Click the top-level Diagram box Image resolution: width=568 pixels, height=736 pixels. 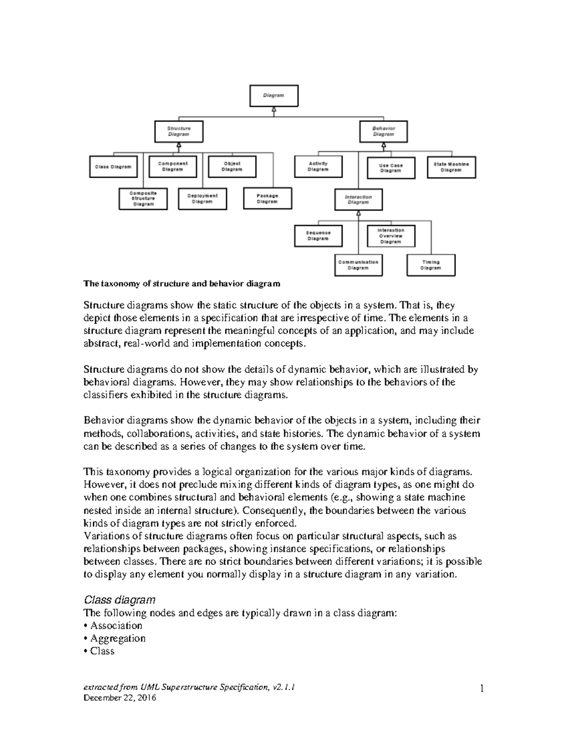click(274, 96)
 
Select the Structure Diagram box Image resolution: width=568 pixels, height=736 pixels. click(178, 131)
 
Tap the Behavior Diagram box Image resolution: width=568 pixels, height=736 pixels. click(383, 131)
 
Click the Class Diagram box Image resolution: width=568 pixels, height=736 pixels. click(113, 167)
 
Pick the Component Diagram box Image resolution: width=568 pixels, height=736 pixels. click(173, 166)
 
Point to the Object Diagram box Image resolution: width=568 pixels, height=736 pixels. click(232, 166)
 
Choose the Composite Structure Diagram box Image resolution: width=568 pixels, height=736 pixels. click(143, 199)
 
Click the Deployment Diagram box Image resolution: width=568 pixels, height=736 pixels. click(202, 199)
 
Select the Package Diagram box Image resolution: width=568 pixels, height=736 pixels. click(267, 199)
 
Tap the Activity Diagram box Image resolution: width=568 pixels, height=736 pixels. click(318, 166)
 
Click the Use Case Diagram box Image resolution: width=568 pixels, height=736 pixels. click(391, 168)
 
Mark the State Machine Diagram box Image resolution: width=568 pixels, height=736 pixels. click(451, 167)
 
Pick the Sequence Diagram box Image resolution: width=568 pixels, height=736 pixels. click(318, 236)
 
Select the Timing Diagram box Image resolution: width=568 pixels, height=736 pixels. click(431, 265)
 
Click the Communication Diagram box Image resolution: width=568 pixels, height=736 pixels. click(358, 265)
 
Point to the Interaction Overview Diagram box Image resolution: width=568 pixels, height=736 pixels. click(391, 236)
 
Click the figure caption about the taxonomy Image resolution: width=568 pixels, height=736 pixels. click(182, 284)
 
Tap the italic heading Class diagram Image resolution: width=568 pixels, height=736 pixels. click(119, 600)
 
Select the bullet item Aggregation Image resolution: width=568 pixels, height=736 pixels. click(117, 638)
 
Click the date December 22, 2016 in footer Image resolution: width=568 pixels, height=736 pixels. click(120, 698)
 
